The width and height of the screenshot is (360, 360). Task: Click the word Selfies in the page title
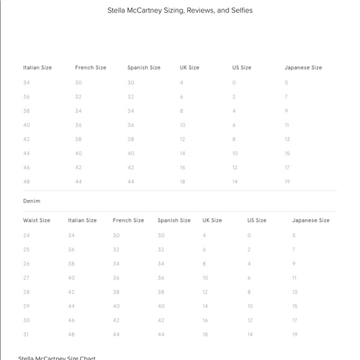[x=239, y=11]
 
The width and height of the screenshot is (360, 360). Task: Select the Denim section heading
[x=32, y=201]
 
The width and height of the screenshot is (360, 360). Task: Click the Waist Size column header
[x=37, y=220]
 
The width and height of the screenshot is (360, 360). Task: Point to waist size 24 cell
[x=26, y=235]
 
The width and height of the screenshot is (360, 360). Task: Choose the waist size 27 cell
[x=26, y=277]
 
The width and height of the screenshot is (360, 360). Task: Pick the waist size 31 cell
[x=26, y=334]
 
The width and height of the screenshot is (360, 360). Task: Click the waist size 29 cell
[x=26, y=306]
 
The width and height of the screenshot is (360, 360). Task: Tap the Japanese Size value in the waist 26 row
[x=294, y=264]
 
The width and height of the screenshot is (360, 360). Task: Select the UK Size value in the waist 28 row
[x=205, y=292]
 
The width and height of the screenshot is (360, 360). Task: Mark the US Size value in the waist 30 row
[x=250, y=320]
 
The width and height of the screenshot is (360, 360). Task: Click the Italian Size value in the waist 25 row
[x=71, y=250]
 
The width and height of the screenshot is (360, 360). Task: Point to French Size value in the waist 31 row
[x=116, y=334]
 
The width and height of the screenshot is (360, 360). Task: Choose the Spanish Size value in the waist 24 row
[x=161, y=235]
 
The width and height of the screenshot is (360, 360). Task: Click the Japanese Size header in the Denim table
[x=311, y=220]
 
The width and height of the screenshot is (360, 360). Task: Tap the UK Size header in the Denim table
[x=212, y=220]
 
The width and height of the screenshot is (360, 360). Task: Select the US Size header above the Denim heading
[x=241, y=68]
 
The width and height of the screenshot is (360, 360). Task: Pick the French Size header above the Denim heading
[x=91, y=68]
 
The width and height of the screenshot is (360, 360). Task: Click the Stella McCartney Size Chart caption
[x=57, y=358]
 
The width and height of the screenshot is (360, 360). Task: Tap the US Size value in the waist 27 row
[x=250, y=277]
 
